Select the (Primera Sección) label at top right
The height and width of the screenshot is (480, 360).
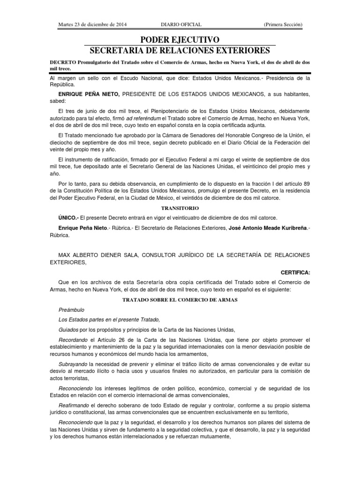283,24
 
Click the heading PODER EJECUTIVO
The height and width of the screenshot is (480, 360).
180,40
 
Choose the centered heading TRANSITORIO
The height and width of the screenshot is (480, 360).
180,208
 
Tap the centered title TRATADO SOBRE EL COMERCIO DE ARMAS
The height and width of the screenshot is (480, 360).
180,299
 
